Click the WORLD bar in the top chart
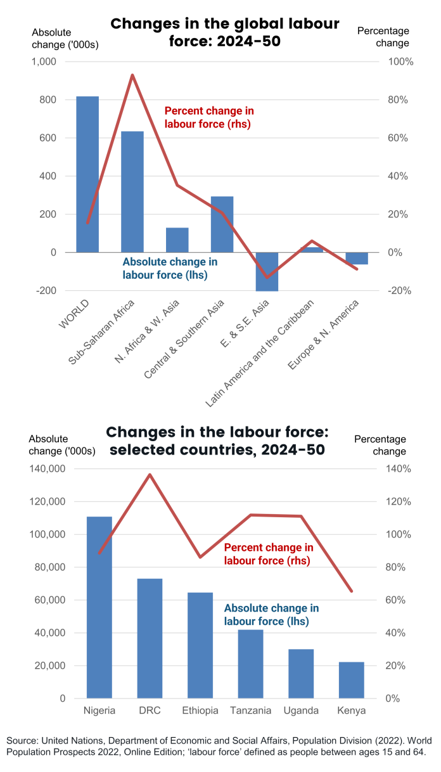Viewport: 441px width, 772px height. (x=87, y=174)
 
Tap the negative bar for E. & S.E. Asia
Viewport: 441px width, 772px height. (x=267, y=271)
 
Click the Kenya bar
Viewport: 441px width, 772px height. (x=352, y=680)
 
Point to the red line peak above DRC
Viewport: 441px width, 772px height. (x=150, y=474)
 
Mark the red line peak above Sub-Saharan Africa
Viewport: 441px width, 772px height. (x=132, y=75)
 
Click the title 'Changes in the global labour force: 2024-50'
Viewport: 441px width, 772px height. (x=225, y=32)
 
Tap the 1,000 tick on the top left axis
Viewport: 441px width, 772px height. (x=43, y=62)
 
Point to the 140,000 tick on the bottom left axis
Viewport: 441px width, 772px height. (x=47, y=469)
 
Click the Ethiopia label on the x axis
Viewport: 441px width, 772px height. (x=200, y=711)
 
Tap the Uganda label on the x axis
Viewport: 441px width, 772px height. (x=301, y=711)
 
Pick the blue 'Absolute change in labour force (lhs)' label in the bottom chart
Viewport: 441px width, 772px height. (x=271, y=615)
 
